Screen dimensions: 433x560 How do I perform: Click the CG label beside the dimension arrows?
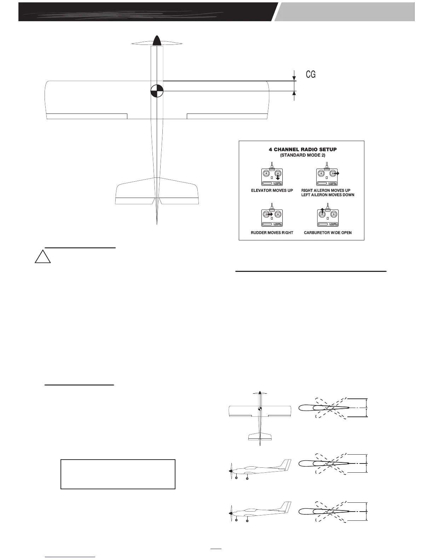pos(311,74)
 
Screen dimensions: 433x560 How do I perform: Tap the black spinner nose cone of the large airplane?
pos(157,41)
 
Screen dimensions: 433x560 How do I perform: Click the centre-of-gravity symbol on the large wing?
pos(156,91)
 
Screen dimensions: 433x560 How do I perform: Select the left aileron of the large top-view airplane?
pos(87,116)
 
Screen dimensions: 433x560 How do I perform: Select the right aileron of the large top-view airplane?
pos(227,116)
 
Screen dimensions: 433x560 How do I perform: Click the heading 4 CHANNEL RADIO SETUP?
pos(302,149)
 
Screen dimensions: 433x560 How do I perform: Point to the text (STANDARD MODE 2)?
pos(302,155)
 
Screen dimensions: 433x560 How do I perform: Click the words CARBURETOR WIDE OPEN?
pos(328,233)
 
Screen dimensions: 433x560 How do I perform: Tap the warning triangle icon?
pos(42,257)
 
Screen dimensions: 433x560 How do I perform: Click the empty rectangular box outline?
pos(118,474)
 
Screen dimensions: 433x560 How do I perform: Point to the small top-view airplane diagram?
pos(260,417)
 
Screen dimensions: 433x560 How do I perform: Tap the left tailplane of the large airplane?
pos(135,193)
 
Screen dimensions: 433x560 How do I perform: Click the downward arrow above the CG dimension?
pos(294,77)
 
